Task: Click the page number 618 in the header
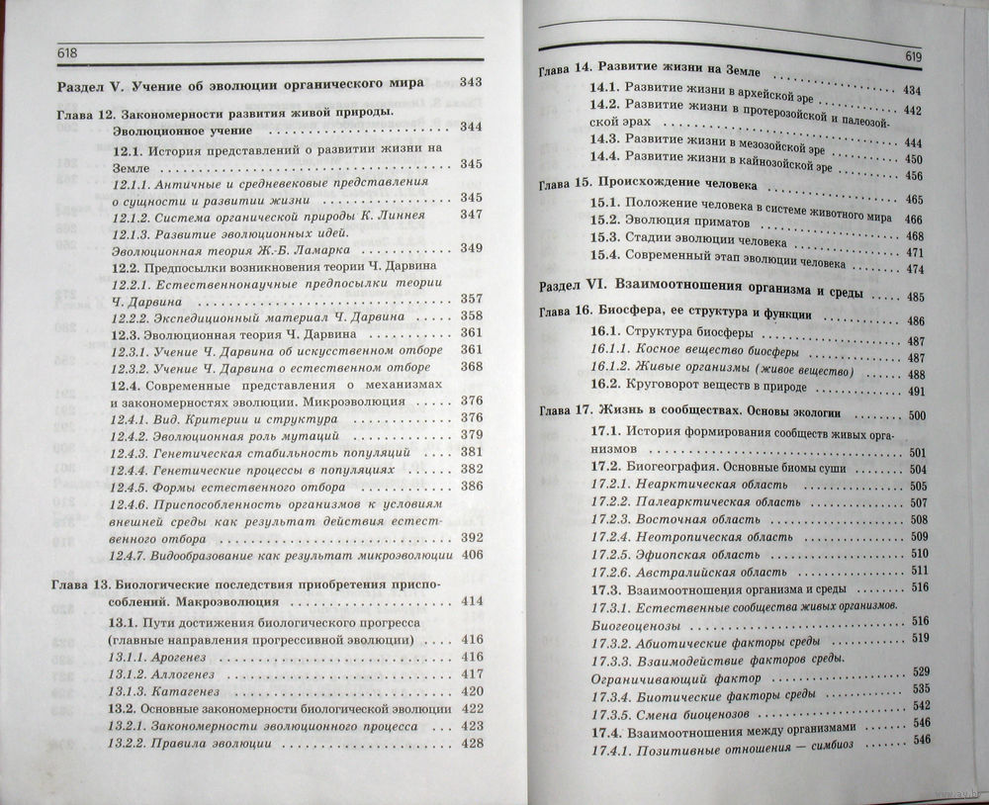click(68, 52)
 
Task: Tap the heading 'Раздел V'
click(91, 84)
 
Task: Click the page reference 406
click(471, 556)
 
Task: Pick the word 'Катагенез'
click(194, 691)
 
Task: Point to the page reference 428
click(472, 743)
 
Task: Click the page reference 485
click(914, 296)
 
